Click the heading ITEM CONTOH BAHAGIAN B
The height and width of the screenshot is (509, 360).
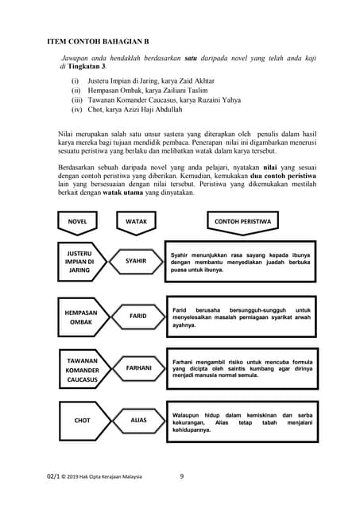pyautogui.click(x=99, y=40)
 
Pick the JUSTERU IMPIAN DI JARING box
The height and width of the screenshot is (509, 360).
pyautogui.click(x=79, y=261)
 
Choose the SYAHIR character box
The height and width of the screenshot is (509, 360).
pyautogui.click(x=137, y=261)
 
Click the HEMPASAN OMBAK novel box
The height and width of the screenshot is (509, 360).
pyautogui.click(x=80, y=317)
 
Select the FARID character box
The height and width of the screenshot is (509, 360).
pyautogui.click(x=137, y=317)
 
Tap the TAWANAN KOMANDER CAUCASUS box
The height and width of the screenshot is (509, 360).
pyautogui.click(x=80, y=371)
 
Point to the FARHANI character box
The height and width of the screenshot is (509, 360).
pyautogui.click(x=137, y=368)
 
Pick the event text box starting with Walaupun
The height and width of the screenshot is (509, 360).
pyautogui.click(x=241, y=422)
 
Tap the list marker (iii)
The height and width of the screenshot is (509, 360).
pyautogui.click(x=77, y=100)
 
